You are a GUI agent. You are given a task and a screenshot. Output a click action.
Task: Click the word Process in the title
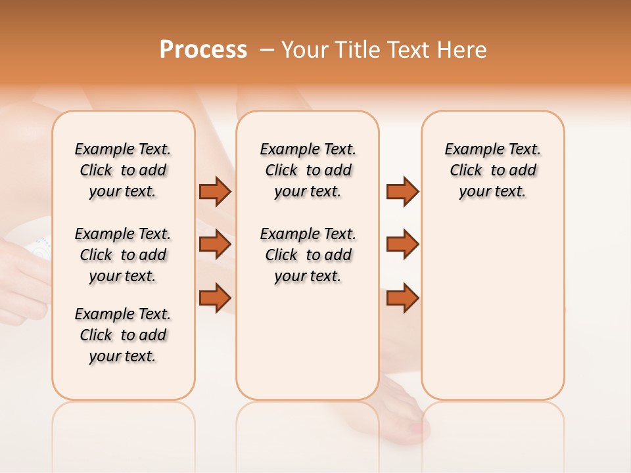[203, 49]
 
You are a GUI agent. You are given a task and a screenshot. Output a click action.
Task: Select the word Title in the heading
[358, 50]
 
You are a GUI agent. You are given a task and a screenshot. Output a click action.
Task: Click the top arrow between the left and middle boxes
[215, 191]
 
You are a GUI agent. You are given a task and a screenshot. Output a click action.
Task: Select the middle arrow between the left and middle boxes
[215, 244]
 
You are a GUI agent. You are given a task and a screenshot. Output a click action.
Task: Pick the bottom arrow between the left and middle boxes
[215, 298]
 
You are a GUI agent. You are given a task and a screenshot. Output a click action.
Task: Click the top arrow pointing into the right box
[402, 191]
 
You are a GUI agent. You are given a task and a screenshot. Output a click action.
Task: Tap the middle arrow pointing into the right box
[402, 244]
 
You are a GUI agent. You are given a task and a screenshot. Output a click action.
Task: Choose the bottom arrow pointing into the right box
[402, 298]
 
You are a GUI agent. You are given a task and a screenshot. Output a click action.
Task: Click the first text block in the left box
[123, 170]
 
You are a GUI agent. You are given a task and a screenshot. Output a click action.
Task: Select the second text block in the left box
[123, 255]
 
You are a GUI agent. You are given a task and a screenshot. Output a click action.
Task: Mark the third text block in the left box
[123, 335]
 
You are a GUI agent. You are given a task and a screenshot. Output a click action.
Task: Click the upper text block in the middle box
[308, 170]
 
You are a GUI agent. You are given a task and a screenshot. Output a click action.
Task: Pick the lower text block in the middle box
[308, 255]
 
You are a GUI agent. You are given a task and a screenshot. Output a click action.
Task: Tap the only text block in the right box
[492, 170]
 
